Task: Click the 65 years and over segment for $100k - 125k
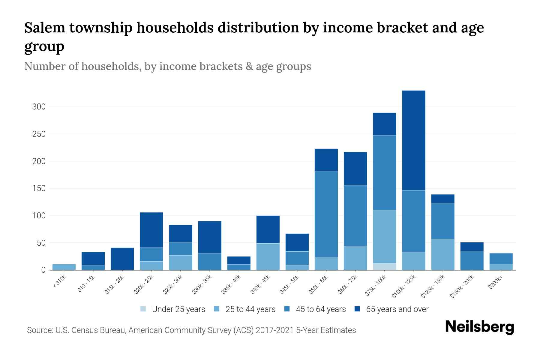[x=413, y=140]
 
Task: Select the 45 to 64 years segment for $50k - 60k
[x=326, y=214]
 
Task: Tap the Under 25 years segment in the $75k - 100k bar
[x=384, y=267]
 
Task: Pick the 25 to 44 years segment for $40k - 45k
[x=268, y=256]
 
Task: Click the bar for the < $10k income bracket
[x=64, y=267]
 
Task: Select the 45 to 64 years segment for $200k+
[x=501, y=259]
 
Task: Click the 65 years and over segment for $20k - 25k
[x=151, y=230]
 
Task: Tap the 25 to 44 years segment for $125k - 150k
[x=442, y=254]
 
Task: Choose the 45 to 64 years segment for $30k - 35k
[x=210, y=262]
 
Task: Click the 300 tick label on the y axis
[x=39, y=107]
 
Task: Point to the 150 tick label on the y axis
[x=39, y=188]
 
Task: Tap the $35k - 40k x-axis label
[x=232, y=285]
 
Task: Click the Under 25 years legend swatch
[x=143, y=309]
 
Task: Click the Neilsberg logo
[x=479, y=327]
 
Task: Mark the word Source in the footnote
[x=39, y=330]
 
